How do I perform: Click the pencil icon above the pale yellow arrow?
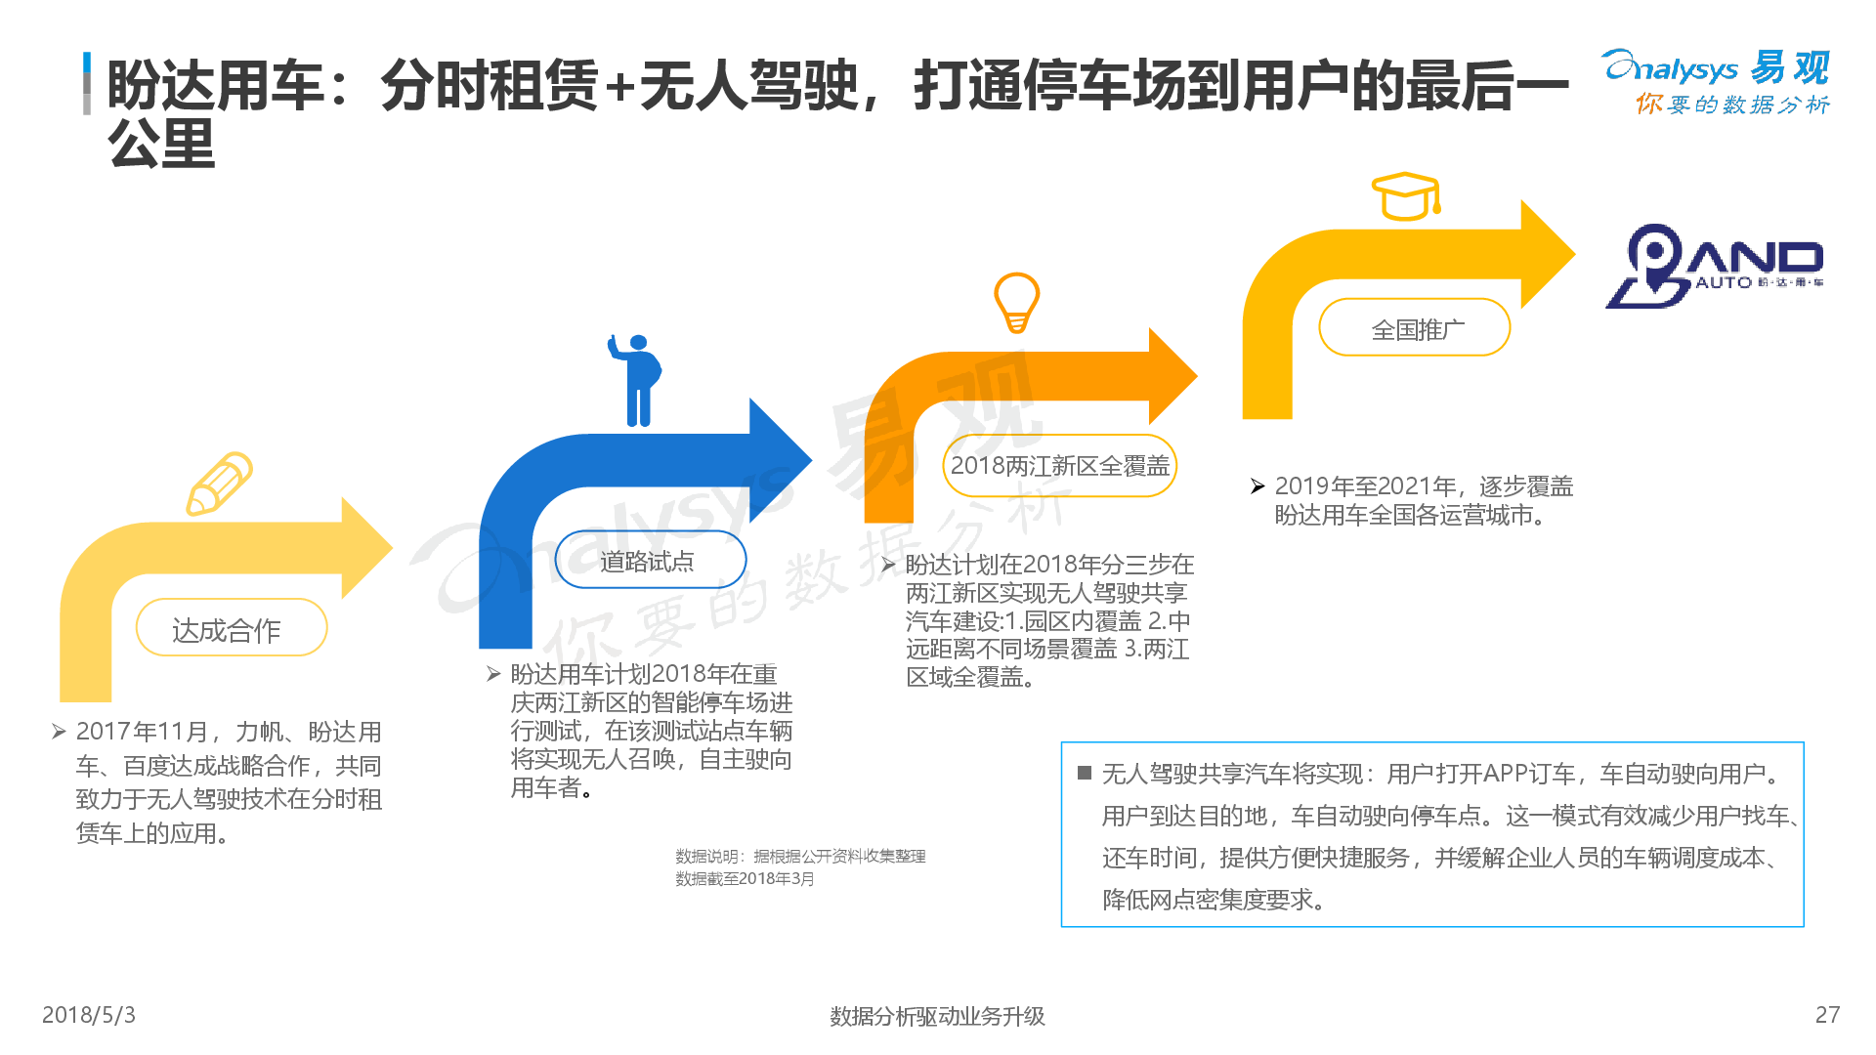[220, 483]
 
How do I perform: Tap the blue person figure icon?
[637, 380]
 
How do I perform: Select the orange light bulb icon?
[1016, 302]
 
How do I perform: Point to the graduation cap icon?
[1406, 196]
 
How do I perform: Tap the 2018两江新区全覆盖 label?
[1059, 466]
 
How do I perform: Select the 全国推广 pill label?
[1415, 329]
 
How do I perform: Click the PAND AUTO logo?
[1715, 266]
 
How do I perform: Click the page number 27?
[1827, 1015]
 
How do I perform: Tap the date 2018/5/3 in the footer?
[89, 1015]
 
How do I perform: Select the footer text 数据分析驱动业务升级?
[937, 1016]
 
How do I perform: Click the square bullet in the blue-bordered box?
[1084, 774]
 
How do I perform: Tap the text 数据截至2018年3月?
[745, 878]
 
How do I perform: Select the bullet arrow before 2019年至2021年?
[1258, 486]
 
